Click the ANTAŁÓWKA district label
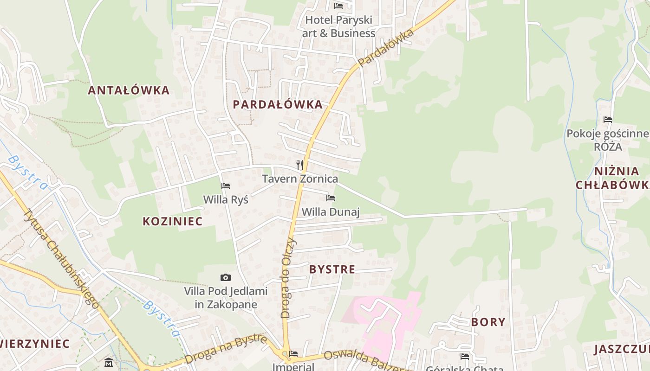tap(129, 90)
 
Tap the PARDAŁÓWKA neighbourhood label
tap(278, 104)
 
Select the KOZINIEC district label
tap(173, 221)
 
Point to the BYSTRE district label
tap(332, 269)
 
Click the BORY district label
tap(488, 322)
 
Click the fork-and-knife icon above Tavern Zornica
tap(300, 165)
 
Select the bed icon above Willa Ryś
tap(226, 186)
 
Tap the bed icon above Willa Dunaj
tap(331, 198)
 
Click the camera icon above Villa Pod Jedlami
tap(226, 277)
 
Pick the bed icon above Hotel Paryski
tap(338, 6)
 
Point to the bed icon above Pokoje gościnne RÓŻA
tap(607, 120)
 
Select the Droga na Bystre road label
tap(226, 349)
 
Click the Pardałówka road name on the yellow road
tap(386, 47)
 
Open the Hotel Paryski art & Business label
tap(338, 27)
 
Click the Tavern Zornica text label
tap(300, 179)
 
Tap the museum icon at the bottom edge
tap(109, 362)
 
